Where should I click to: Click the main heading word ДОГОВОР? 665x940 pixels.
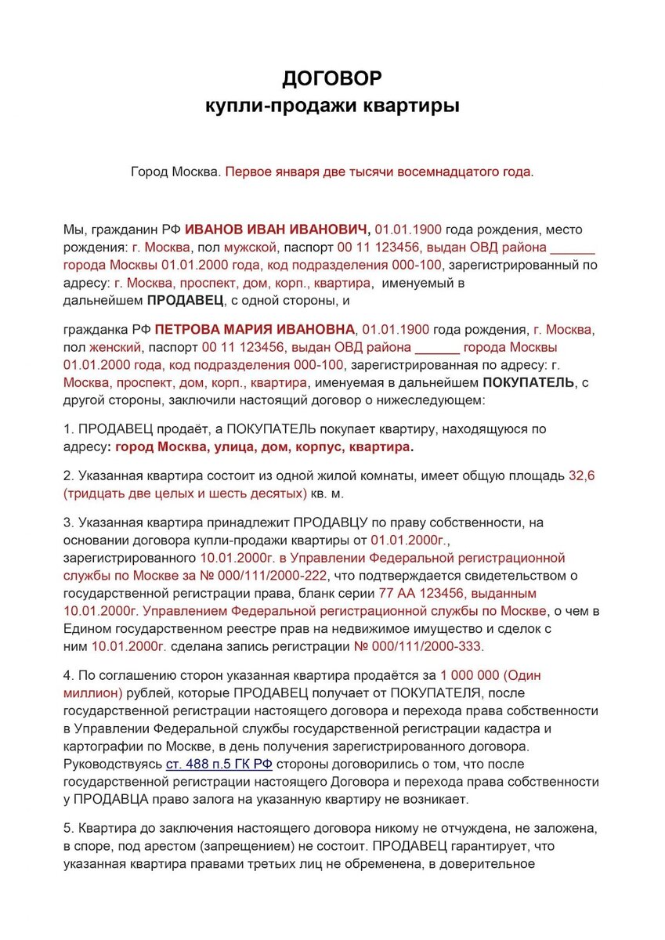[x=332, y=78]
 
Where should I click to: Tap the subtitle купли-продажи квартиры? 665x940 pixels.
[x=332, y=106]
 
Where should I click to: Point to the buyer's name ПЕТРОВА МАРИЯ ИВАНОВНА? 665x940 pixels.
[x=255, y=328]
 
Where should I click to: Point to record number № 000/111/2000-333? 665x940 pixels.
[x=419, y=646]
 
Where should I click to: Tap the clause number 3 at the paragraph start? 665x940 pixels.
[x=67, y=522]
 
